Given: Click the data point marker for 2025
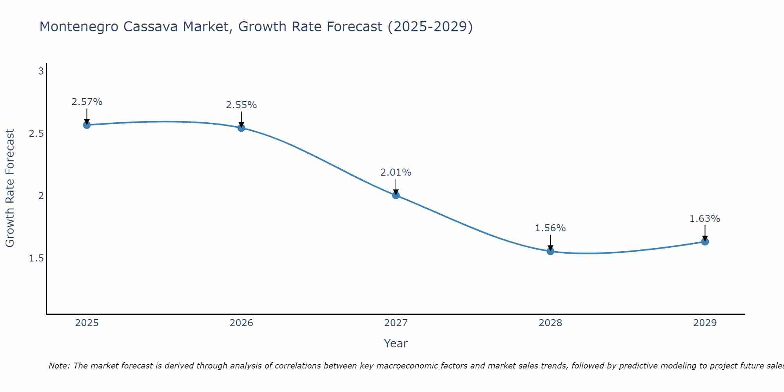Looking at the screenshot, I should (87, 125).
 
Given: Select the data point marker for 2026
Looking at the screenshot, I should (241, 128).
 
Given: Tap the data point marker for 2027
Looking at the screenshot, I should (396, 195).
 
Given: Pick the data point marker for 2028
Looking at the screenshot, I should (550, 251).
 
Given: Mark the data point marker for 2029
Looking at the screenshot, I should (705, 242).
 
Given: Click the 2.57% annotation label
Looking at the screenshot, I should (87, 102).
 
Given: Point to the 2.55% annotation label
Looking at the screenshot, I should (241, 105).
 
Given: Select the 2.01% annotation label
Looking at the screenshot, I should (396, 172).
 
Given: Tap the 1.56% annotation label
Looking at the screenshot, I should (550, 228).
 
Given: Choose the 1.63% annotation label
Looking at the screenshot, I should (705, 219).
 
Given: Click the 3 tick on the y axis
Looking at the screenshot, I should (41, 71).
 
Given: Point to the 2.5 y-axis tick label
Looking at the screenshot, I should (36, 134).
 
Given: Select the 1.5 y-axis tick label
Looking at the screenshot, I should (36, 258).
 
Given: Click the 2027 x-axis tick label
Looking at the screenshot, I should (396, 323).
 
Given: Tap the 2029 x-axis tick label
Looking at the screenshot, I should (705, 323).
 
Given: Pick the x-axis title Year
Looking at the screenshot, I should (396, 343).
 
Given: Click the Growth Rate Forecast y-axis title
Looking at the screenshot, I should (10, 188).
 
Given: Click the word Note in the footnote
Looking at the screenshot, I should (59, 366).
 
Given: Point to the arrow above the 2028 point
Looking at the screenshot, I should (550, 243).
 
